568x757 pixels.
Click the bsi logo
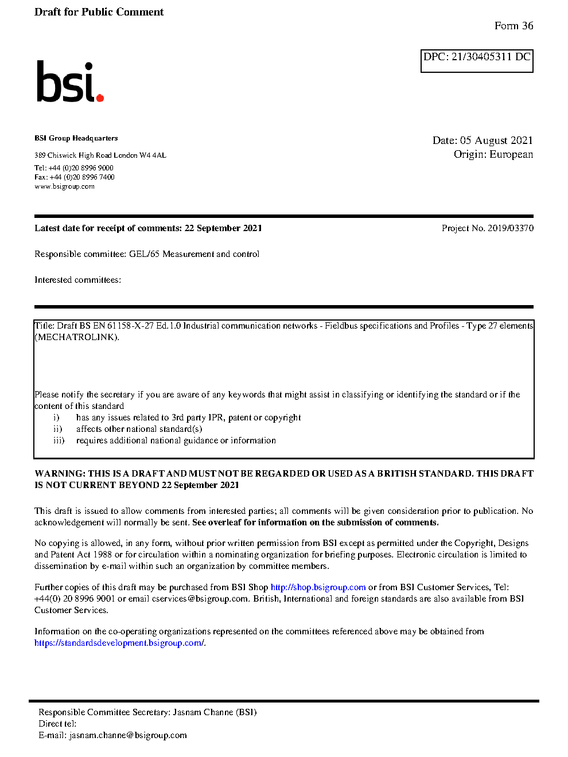point(69,83)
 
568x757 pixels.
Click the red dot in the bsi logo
point(100,97)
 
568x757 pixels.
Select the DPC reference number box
point(477,60)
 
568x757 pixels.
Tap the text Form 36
point(513,26)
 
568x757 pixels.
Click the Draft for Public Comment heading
point(99,12)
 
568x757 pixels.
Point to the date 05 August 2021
point(496,141)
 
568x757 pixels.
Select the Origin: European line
point(493,154)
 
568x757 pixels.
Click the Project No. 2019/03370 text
point(487,228)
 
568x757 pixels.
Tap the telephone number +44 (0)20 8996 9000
point(81,168)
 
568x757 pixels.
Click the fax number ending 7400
point(82,177)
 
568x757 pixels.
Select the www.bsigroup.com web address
point(64,186)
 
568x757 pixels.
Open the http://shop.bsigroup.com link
point(318,587)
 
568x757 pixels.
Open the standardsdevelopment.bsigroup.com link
point(119,643)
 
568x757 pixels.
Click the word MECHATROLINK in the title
point(76,337)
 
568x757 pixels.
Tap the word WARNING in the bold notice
point(60,474)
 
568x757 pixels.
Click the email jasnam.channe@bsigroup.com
point(128,735)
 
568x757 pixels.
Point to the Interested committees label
point(77,280)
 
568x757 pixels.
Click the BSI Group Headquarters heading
point(76,138)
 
